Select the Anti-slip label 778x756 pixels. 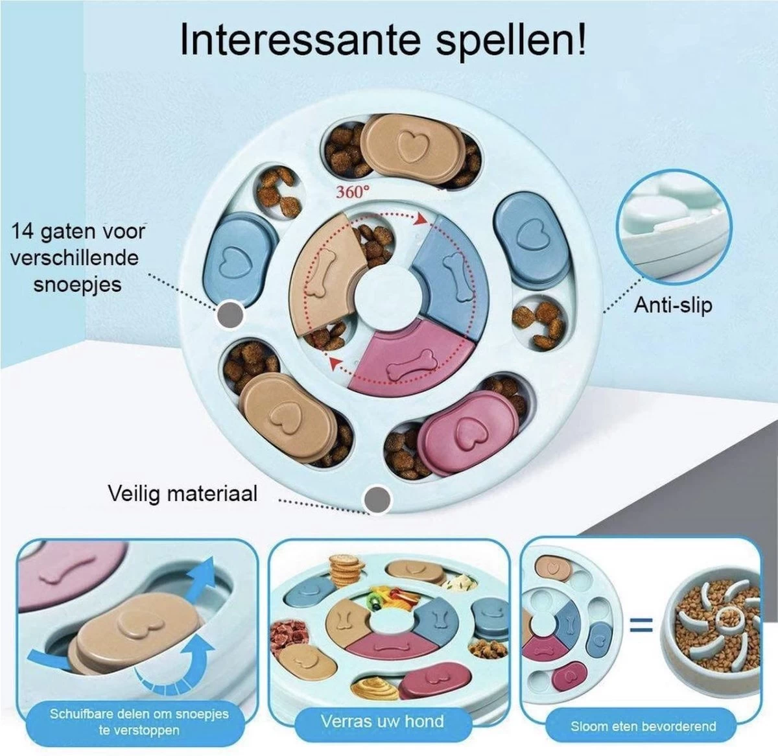pyautogui.click(x=674, y=305)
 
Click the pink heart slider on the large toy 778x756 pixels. pyautogui.click(x=467, y=433)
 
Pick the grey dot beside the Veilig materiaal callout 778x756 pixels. pyautogui.click(x=377, y=499)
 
